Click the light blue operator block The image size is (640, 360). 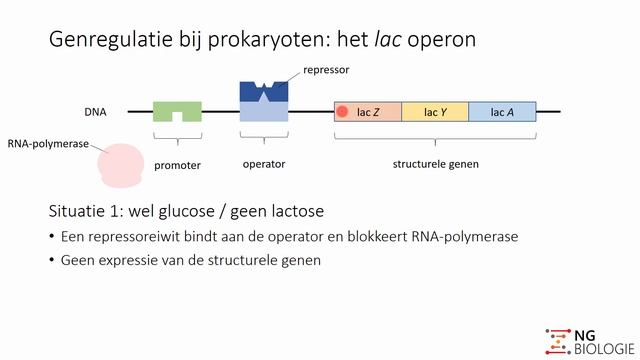click(x=264, y=112)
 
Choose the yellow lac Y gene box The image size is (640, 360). click(x=435, y=112)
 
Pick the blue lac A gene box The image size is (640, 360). click(x=502, y=112)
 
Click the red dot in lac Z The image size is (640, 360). click(x=342, y=112)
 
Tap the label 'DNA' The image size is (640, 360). click(x=97, y=112)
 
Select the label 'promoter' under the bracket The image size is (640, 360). click(x=178, y=165)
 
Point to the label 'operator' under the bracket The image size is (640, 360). click(x=264, y=164)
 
